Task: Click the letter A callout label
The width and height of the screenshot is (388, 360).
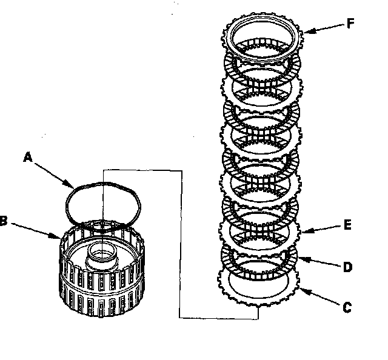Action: (27, 156)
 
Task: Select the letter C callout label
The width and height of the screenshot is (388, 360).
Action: (347, 307)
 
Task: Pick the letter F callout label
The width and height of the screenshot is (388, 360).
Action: (351, 25)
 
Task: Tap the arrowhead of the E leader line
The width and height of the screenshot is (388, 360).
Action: (301, 232)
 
